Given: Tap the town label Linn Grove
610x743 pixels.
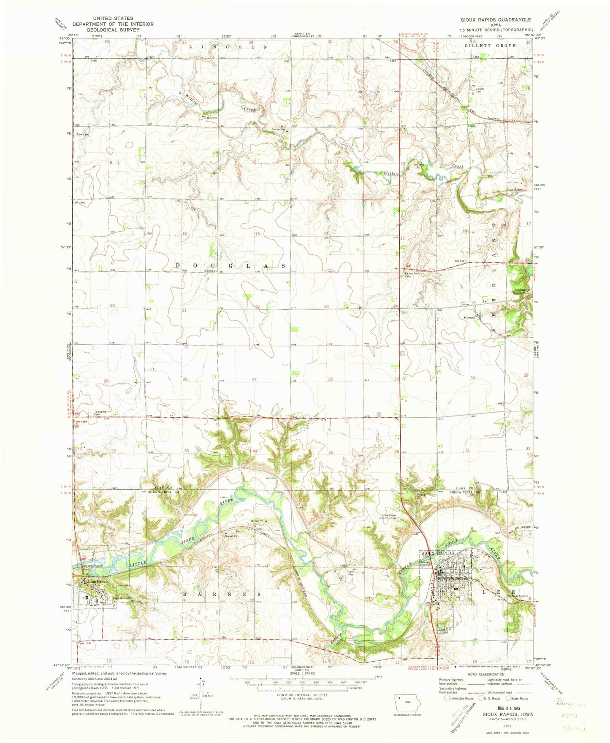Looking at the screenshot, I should click(x=95, y=582).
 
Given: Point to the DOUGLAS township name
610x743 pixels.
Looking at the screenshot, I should click(x=230, y=265).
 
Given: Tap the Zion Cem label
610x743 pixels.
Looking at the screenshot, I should click(x=83, y=135).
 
